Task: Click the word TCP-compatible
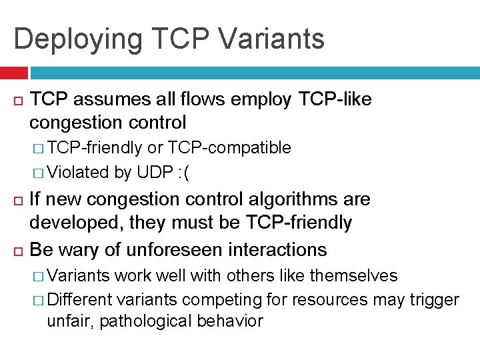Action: click(x=229, y=147)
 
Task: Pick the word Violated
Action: click(x=79, y=172)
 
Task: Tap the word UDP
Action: click(x=155, y=172)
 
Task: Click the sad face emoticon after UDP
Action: click(x=183, y=172)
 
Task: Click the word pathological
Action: click(x=141, y=321)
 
